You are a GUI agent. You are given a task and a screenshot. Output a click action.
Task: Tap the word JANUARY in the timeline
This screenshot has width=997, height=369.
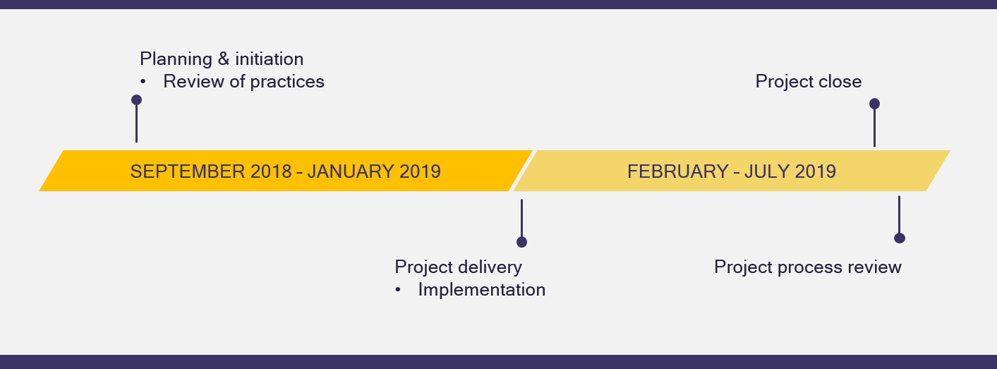pyautogui.click(x=350, y=171)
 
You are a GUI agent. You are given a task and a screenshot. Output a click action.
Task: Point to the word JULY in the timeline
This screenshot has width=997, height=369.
pyautogui.click(x=766, y=171)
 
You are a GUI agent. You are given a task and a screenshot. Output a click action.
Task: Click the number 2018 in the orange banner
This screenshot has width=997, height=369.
pyautogui.click(x=271, y=171)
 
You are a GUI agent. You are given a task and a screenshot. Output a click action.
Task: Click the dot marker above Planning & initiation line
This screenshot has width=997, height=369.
pyautogui.click(x=137, y=99)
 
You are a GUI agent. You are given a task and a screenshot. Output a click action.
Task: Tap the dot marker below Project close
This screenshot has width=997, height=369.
pyautogui.click(x=875, y=104)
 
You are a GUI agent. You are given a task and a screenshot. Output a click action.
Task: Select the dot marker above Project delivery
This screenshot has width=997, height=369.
pyautogui.click(x=521, y=242)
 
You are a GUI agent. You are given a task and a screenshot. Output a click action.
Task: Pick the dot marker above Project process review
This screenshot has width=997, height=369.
pyautogui.click(x=900, y=238)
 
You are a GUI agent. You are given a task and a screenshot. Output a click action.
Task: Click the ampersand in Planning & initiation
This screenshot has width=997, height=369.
pyautogui.click(x=224, y=59)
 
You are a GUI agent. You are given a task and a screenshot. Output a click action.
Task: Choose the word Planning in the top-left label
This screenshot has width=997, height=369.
pyautogui.click(x=176, y=60)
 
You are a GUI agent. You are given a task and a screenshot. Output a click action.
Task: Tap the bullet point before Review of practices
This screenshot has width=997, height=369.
pyautogui.click(x=143, y=82)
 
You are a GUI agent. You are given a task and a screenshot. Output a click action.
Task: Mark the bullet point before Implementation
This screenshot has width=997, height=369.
pyautogui.click(x=398, y=290)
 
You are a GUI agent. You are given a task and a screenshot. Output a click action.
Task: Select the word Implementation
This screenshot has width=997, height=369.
pyautogui.click(x=482, y=290)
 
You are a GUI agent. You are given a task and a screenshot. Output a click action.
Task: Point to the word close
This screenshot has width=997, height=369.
pyautogui.click(x=839, y=81)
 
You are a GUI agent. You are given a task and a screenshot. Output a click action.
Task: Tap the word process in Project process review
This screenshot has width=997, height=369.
pyautogui.click(x=809, y=268)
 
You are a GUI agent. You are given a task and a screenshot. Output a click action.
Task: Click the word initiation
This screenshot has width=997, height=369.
pyautogui.click(x=270, y=59)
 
